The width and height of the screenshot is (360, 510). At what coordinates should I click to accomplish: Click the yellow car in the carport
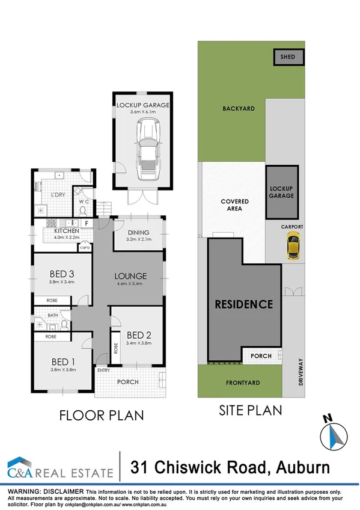(x=292, y=247)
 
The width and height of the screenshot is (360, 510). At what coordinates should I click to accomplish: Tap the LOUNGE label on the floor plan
(x=130, y=277)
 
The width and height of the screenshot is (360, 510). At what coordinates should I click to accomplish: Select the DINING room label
(x=139, y=233)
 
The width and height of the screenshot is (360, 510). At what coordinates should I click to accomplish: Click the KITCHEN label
(x=67, y=231)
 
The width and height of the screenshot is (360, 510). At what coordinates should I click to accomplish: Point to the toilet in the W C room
(x=82, y=209)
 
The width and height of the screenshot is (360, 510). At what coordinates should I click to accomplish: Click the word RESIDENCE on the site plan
(x=244, y=304)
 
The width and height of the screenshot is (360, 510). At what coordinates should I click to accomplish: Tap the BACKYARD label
(x=239, y=109)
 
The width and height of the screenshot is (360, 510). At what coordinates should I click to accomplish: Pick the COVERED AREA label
(x=231, y=205)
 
